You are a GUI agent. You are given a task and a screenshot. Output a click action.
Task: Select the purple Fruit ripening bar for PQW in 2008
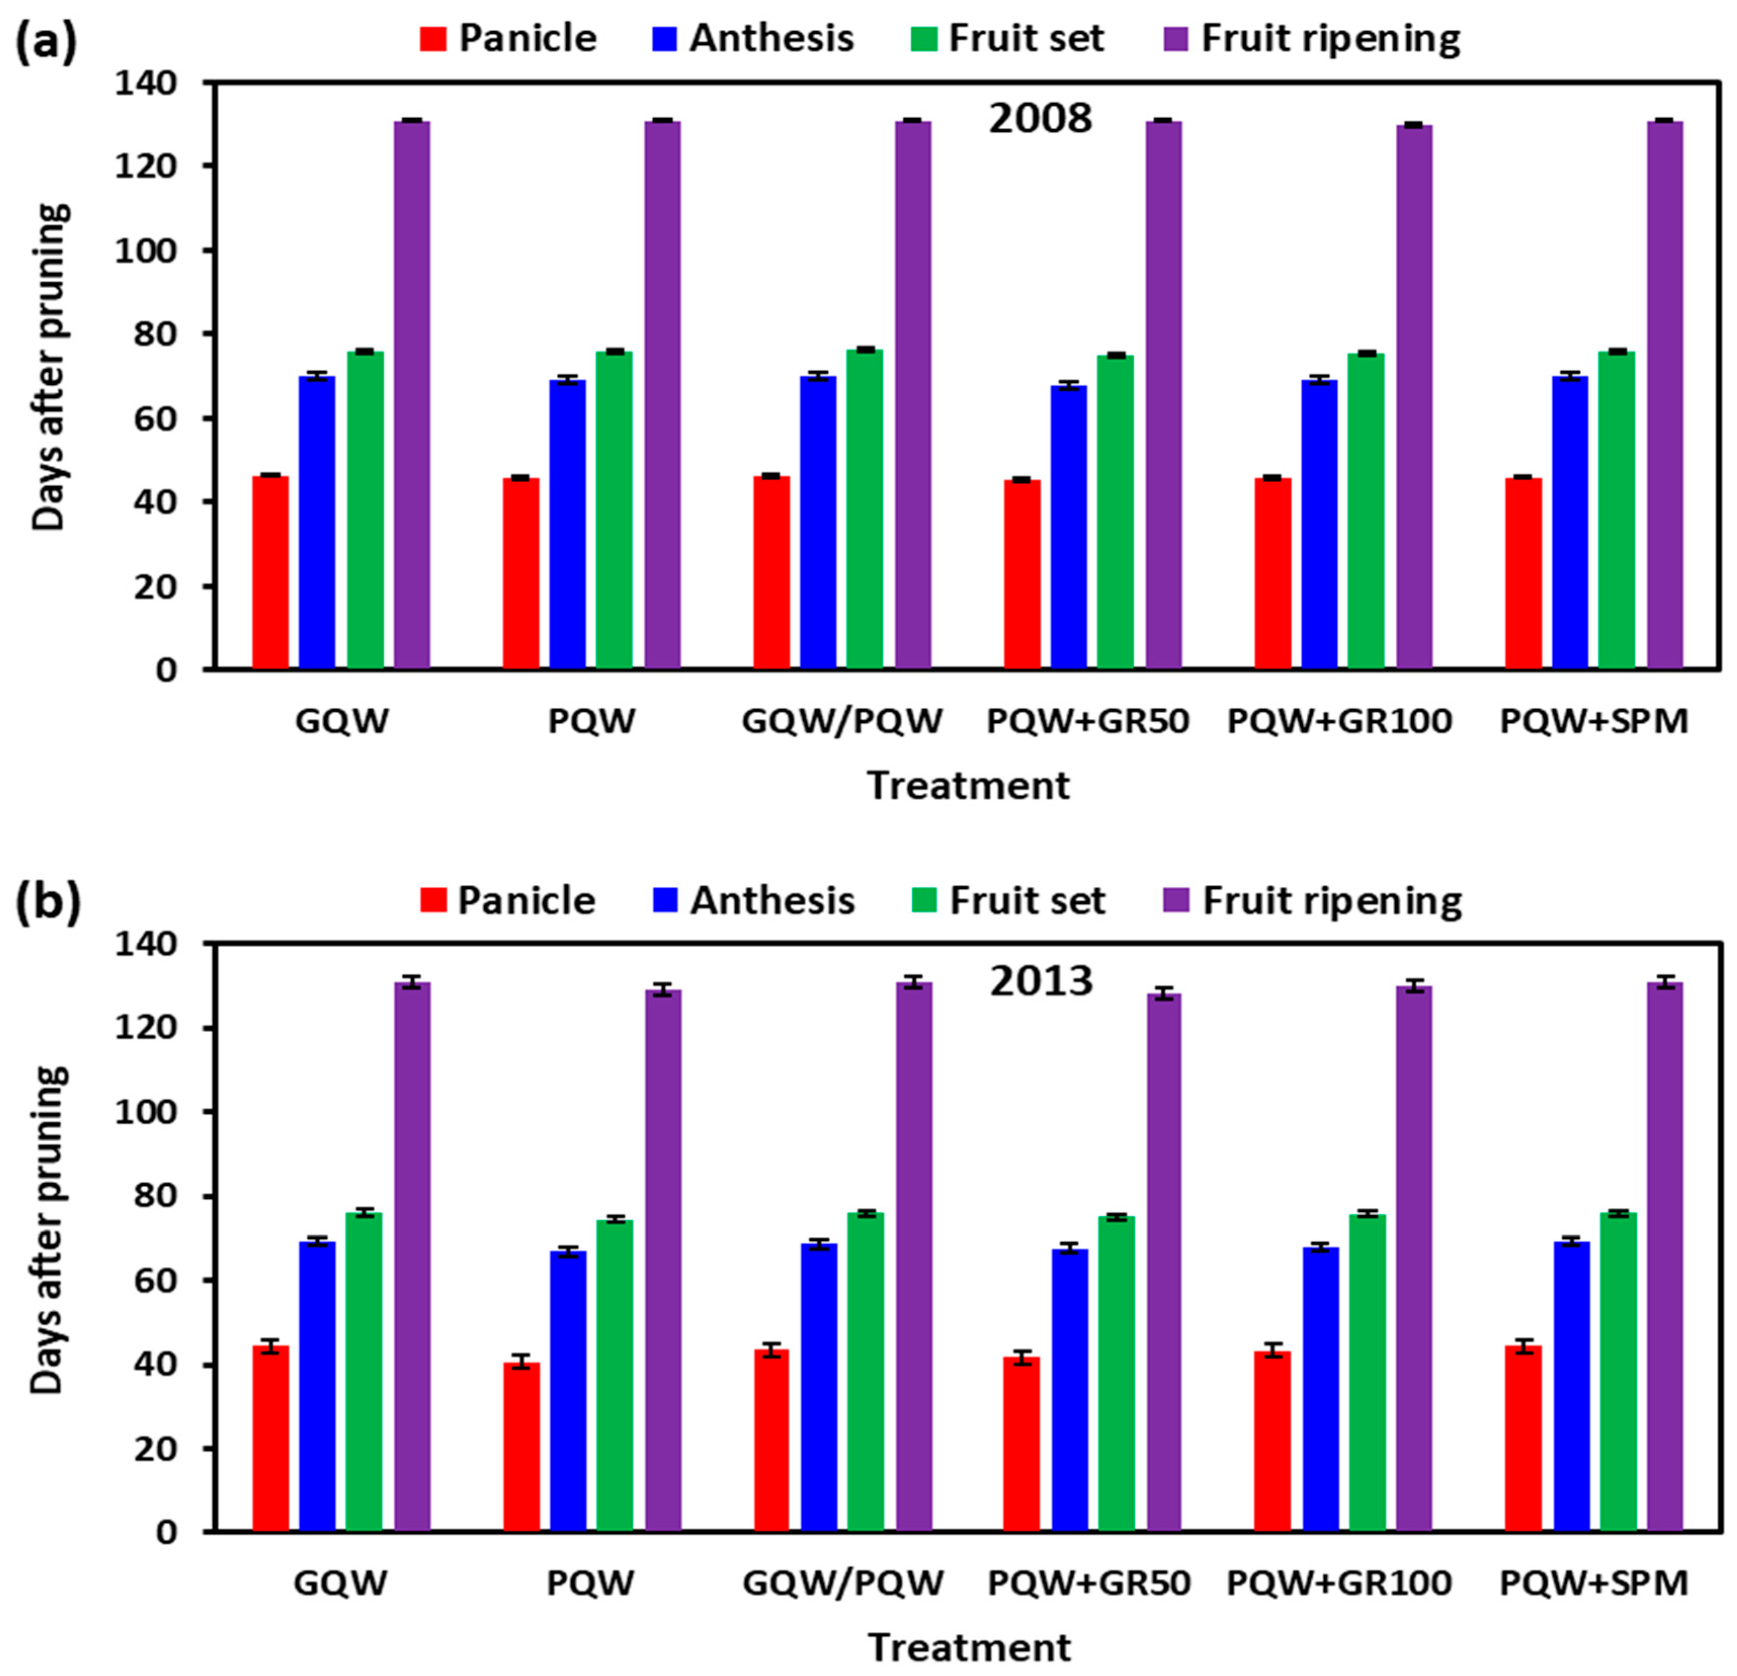(x=662, y=395)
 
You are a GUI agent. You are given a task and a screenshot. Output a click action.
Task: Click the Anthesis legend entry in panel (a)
(x=771, y=38)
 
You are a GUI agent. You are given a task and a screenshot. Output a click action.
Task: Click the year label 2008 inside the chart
(x=1040, y=119)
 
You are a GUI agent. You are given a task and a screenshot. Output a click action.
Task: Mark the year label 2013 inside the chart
(x=1041, y=981)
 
